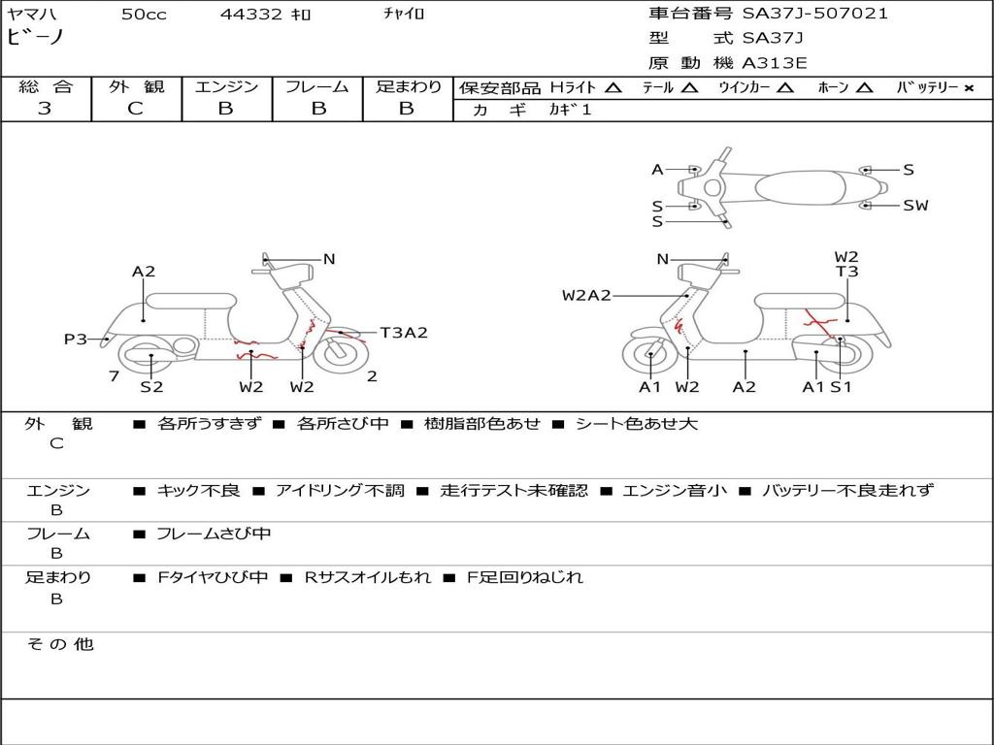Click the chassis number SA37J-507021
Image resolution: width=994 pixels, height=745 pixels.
coord(815,14)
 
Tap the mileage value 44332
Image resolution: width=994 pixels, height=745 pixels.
coord(251,14)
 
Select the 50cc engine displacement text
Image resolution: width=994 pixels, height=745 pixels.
coord(142,14)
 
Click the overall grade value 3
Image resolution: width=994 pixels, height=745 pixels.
coord(45,109)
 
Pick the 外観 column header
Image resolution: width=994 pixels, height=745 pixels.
coord(136,86)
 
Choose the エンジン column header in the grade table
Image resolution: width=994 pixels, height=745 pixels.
coord(226,86)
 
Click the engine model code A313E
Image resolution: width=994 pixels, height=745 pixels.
coord(775,63)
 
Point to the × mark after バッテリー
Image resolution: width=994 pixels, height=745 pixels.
coord(969,87)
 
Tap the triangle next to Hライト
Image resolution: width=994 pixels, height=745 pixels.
coord(613,87)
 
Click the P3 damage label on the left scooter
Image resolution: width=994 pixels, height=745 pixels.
coord(75,339)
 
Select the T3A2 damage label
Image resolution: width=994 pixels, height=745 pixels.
coord(403,333)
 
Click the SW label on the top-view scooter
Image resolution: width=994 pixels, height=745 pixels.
coord(915,205)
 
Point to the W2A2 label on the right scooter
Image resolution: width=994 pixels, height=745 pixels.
coord(586,295)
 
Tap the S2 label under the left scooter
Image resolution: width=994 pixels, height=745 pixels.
coord(151,387)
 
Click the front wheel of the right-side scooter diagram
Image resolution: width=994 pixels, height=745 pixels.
coord(649,357)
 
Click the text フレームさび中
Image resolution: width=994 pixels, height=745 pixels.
coord(214,534)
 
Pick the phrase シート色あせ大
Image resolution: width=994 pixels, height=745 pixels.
coord(637,423)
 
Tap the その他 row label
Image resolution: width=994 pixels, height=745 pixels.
coord(59,644)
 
